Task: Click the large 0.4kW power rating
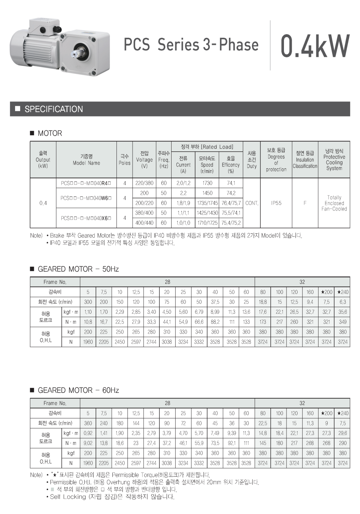pyautogui.click(x=315, y=46)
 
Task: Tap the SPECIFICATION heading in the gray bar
pyautogui.click(x=54, y=109)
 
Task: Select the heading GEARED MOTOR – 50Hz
pyautogui.click(x=78, y=269)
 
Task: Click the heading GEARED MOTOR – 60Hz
pyautogui.click(x=78, y=390)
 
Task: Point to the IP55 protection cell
pyautogui.click(x=276, y=203)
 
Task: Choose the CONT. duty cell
pyautogui.click(x=252, y=203)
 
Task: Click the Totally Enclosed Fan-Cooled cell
pyautogui.click(x=334, y=203)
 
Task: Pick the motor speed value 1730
pyautogui.click(x=207, y=183)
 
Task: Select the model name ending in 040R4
pyautogui.click(x=86, y=183)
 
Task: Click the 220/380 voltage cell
pyautogui.click(x=144, y=183)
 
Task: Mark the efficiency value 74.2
pyautogui.click(x=231, y=193)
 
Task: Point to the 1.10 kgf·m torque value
pyautogui.click(x=88, y=312)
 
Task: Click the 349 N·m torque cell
pyautogui.click(x=342, y=322)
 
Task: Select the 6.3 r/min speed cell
pyautogui.click(x=342, y=302)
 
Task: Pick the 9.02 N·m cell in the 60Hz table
pyautogui.click(x=88, y=443)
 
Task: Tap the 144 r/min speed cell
pyautogui.click(x=136, y=423)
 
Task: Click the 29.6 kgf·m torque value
pyautogui.click(x=342, y=433)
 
